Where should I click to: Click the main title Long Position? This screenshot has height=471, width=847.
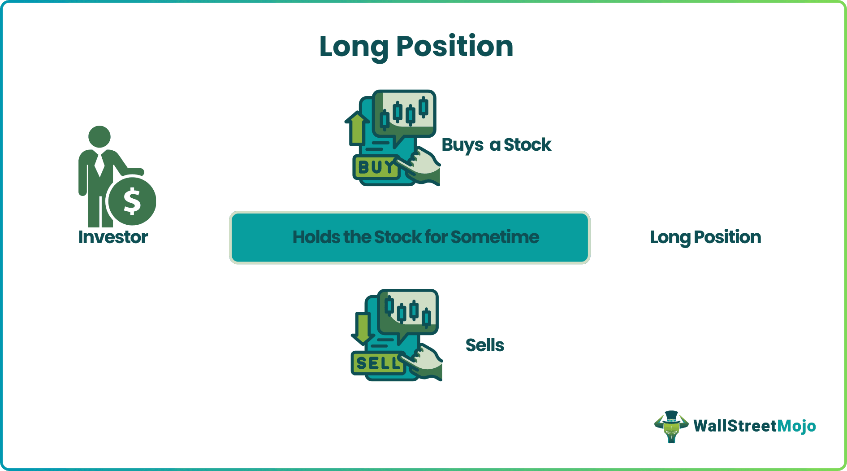point(416,47)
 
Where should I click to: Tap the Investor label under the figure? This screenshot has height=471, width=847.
point(113,237)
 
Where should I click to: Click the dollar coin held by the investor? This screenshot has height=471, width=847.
point(132,201)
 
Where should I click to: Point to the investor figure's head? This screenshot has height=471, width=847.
point(99,136)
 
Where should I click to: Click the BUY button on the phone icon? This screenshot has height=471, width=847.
point(375,167)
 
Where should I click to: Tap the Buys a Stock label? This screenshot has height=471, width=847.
point(496,145)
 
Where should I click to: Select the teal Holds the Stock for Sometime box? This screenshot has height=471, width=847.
point(409,237)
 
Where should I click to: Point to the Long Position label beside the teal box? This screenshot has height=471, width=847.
point(705,237)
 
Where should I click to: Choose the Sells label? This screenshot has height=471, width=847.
point(484,345)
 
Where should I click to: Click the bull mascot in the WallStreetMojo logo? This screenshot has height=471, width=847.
point(671,427)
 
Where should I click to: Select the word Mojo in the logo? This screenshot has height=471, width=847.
point(796,426)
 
